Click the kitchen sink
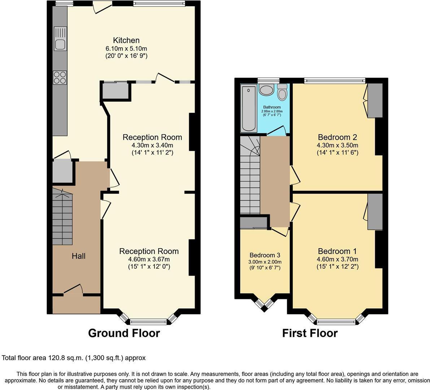pos(60,40)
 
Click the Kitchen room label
pos(126,40)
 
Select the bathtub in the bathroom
pos(249,108)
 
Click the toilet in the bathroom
pos(282,93)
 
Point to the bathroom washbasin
pos(267,90)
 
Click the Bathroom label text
pos(272,107)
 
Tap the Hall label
pos(78,256)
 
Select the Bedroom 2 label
pos(337,137)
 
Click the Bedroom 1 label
pos(337,251)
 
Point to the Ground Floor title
pos(124,333)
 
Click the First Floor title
pos(310,333)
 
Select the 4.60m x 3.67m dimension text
pos(149,259)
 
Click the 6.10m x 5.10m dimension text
pos(126,48)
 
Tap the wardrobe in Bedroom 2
pos(375,100)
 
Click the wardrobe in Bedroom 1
pos(375,212)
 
